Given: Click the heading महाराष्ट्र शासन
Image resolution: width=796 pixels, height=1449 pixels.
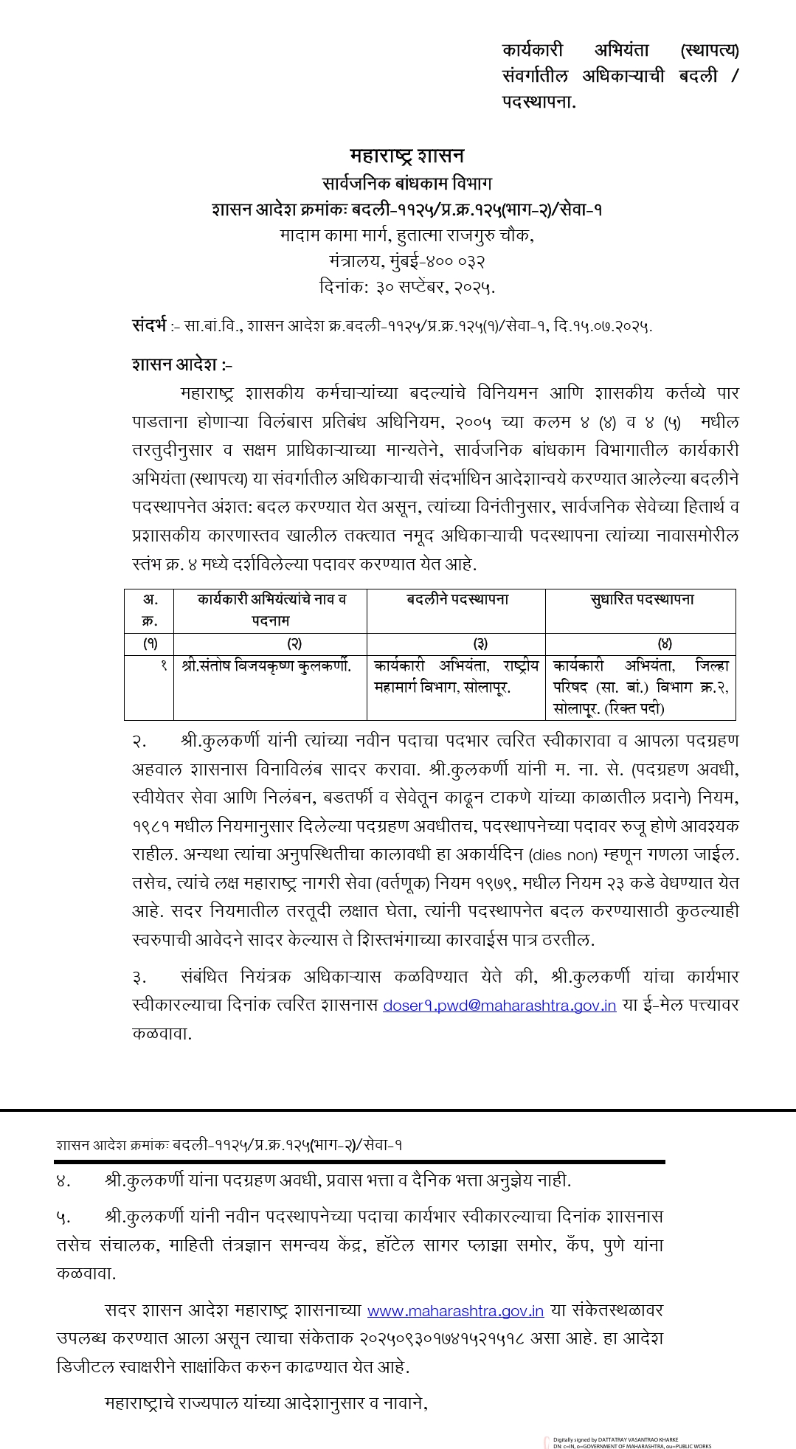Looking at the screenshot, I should tap(406, 156).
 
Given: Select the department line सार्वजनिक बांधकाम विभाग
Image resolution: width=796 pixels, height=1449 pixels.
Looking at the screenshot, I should tap(406, 183).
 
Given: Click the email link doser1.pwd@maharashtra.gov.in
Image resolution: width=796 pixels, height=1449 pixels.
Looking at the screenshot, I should tap(499, 1006).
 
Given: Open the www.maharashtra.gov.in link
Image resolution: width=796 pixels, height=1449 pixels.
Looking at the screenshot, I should tap(455, 1311).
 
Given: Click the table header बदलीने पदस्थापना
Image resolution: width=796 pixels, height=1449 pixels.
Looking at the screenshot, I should tap(457, 600).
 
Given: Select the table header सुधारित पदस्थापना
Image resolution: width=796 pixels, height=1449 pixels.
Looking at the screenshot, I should tap(642, 600).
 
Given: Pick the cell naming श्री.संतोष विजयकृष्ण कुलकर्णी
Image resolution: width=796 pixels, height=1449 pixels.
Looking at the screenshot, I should tap(266, 665).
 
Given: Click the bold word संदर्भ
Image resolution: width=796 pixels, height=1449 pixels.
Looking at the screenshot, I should tap(149, 325).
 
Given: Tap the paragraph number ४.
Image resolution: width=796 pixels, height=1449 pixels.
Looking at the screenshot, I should tap(63, 1180).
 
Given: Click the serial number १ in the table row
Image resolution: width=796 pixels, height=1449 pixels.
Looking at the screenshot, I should tap(164, 665).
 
